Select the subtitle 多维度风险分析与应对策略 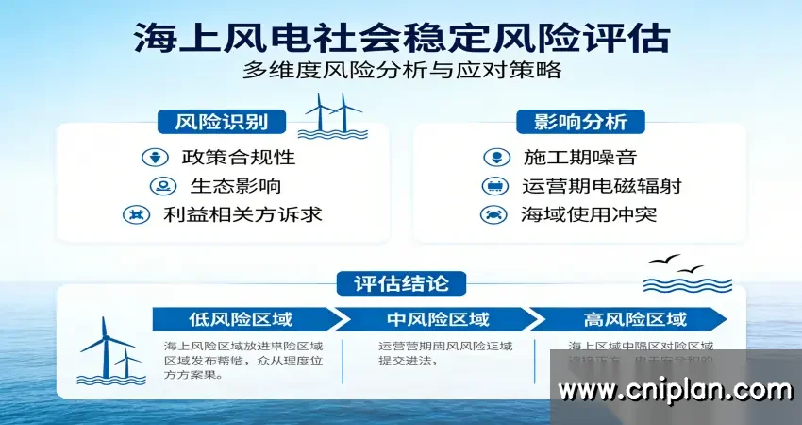[x=401, y=71]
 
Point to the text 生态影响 [x=235, y=186]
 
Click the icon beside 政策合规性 [x=151, y=157]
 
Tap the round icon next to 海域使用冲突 [x=491, y=214]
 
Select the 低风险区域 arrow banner [x=241, y=318]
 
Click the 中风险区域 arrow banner [x=436, y=318]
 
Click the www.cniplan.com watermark [x=675, y=389]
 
